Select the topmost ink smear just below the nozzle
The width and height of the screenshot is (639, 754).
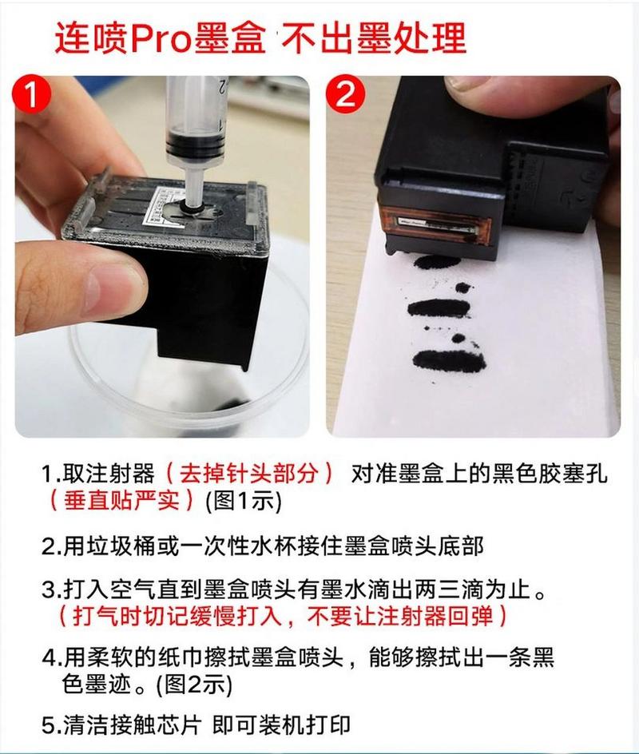click(x=435, y=262)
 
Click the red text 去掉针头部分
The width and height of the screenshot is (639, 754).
click(x=248, y=474)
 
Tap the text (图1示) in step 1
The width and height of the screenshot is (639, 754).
click(x=244, y=501)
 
